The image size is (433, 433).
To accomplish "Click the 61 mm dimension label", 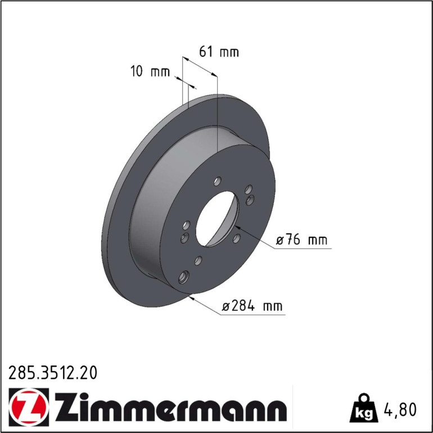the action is [x=219, y=52].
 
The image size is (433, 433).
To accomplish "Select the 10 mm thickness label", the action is [x=150, y=71].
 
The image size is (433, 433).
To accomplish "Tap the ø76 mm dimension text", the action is [x=301, y=239].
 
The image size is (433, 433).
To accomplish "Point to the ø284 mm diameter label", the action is [x=252, y=306].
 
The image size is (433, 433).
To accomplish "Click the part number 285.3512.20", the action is [x=53, y=372].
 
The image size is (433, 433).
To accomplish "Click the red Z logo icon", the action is [x=29, y=407].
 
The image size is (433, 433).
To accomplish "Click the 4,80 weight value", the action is [x=400, y=409].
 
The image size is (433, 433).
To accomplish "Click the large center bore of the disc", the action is [x=217, y=219].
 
